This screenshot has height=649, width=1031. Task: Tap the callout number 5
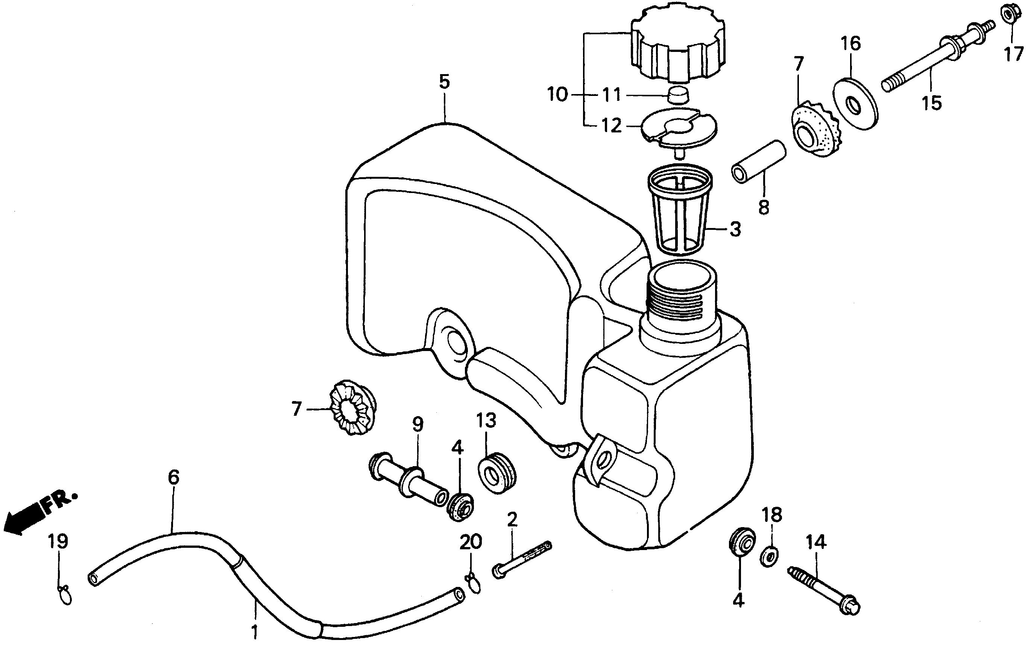[445, 81]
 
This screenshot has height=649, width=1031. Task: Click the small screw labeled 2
[523, 559]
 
